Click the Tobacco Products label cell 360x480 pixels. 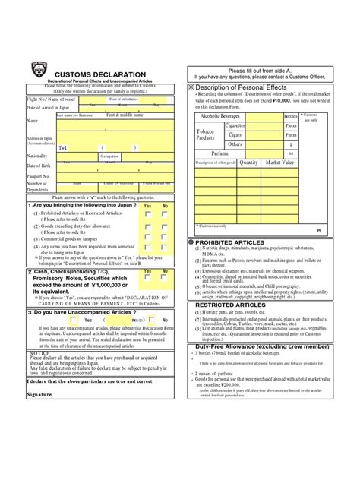pyautogui.click(x=210, y=134)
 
